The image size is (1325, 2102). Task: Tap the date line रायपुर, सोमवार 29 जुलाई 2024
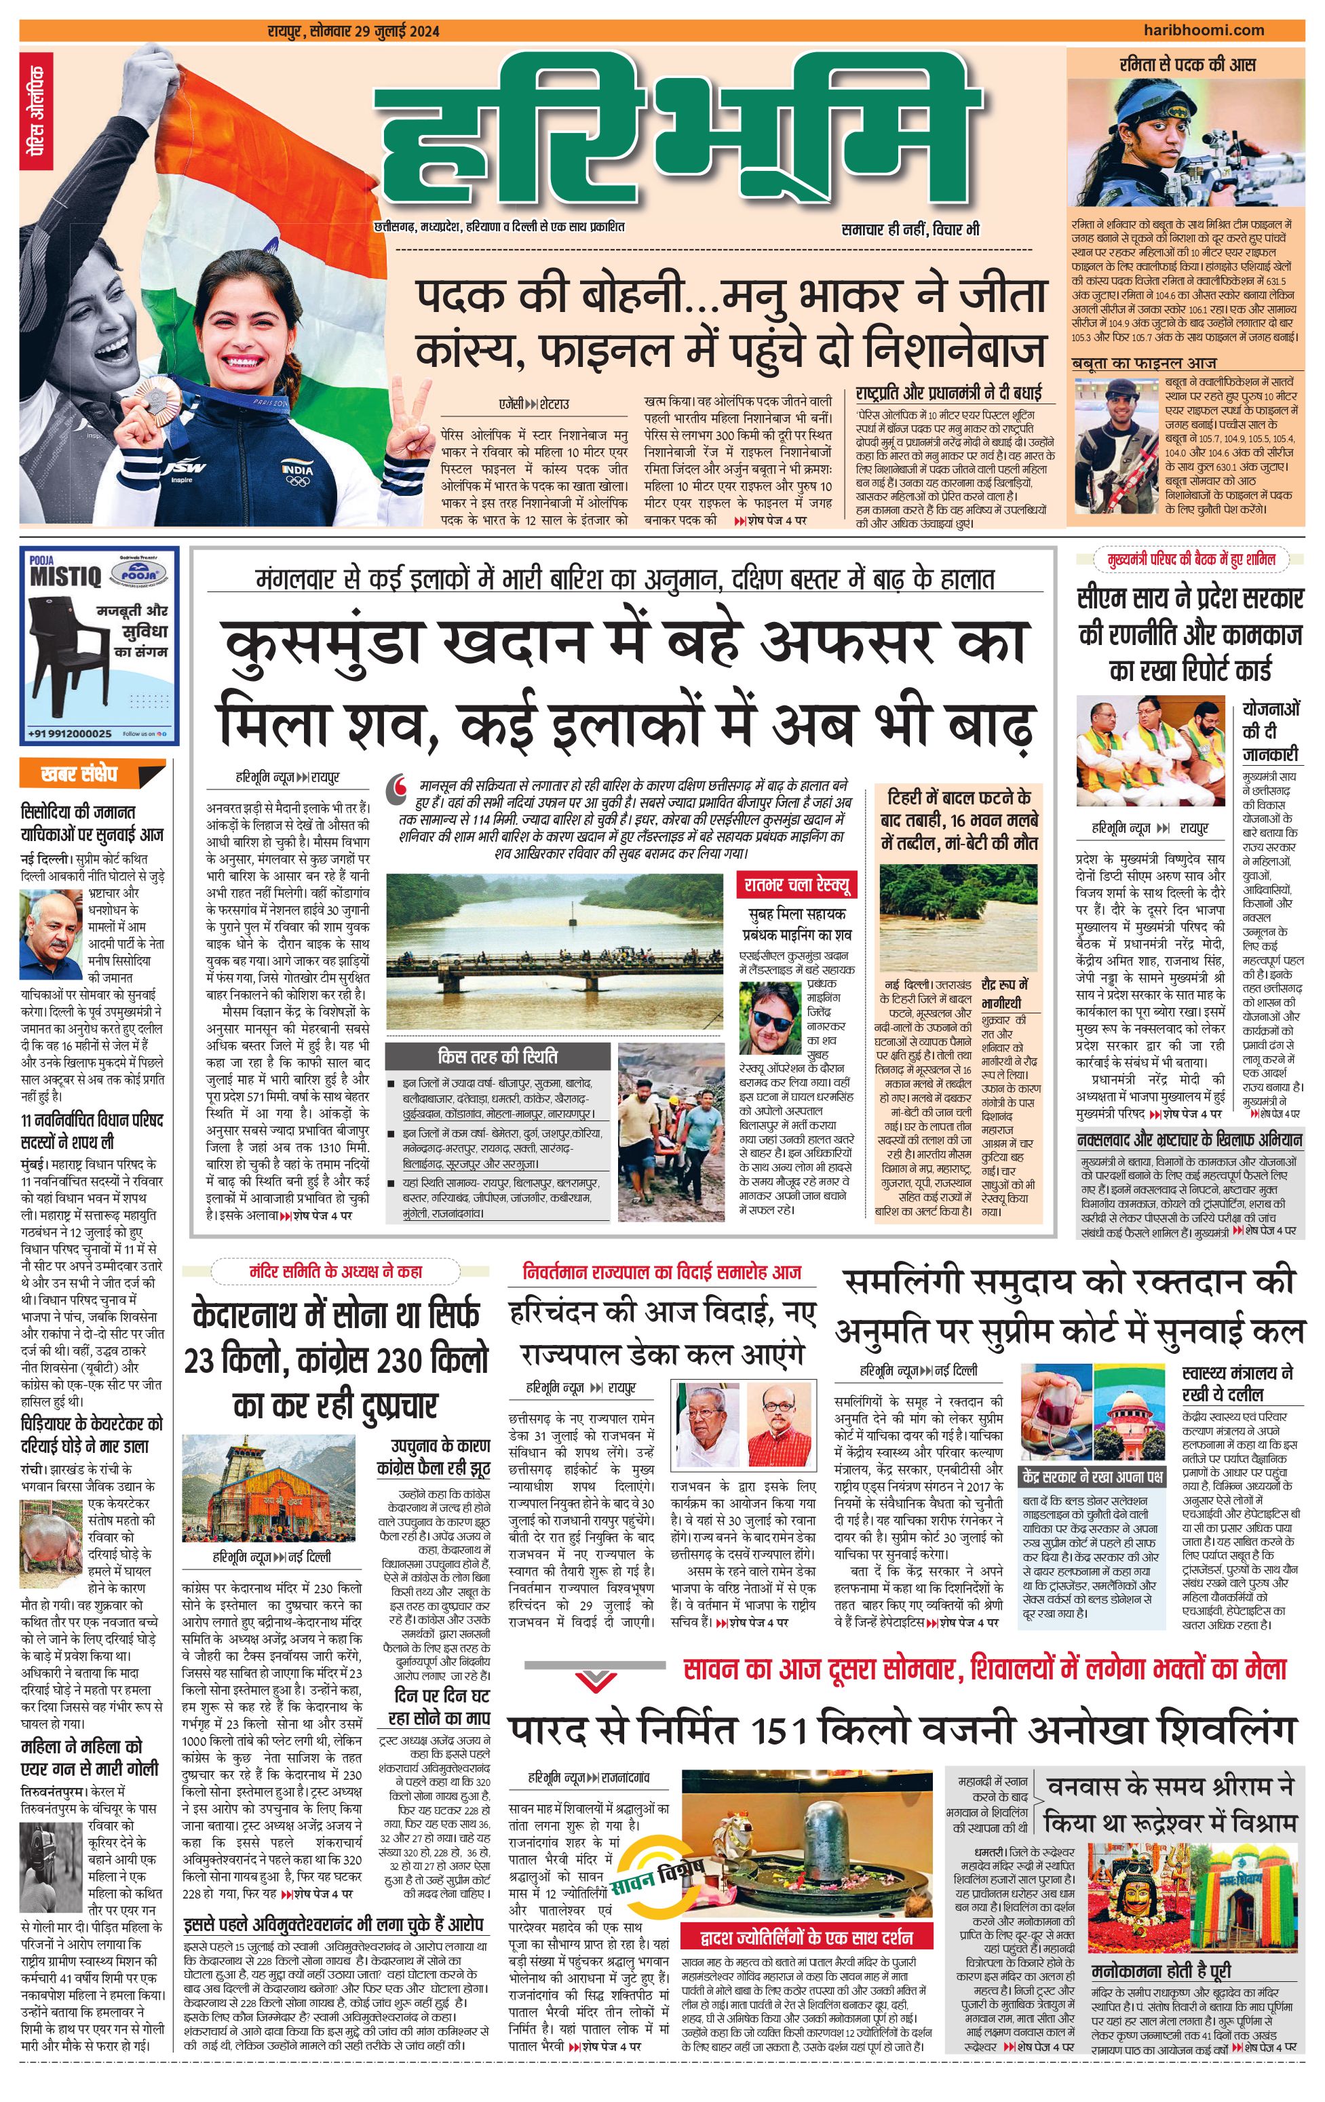click(353, 33)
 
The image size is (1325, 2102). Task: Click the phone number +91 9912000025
click(70, 734)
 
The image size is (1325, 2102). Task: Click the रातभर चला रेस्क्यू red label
click(796, 884)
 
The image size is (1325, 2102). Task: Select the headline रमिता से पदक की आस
click(1187, 64)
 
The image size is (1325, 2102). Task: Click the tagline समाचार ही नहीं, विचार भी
click(910, 229)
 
